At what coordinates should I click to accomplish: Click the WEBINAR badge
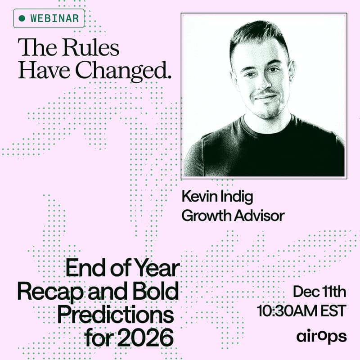click(x=49, y=18)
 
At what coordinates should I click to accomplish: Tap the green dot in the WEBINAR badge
click(x=22, y=19)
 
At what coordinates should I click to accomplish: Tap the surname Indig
click(x=238, y=197)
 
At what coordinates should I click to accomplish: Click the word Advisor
click(x=261, y=216)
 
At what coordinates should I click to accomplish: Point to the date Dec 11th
click(x=319, y=292)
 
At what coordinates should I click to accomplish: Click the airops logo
click(x=321, y=336)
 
